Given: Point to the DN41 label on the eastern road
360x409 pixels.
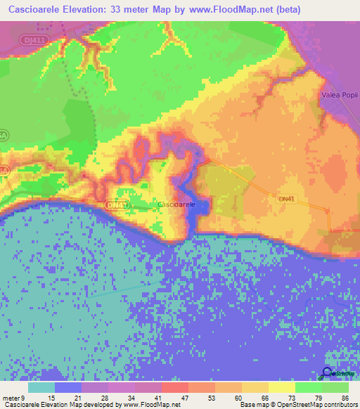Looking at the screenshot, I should (x=286, y=200).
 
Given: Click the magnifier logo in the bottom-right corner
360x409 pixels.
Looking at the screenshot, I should (x=328, y=374).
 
